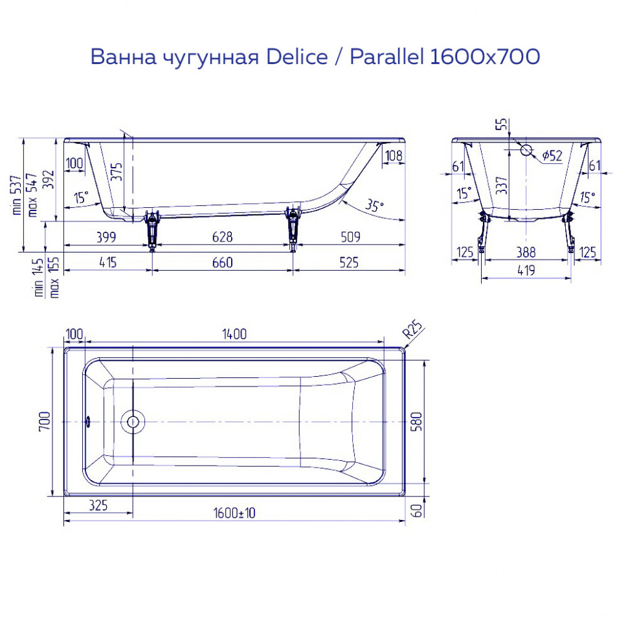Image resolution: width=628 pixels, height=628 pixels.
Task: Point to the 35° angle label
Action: [374, 205]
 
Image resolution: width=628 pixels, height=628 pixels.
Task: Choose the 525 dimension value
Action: [348, 262]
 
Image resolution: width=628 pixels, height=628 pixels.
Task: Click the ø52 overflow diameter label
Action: [551, 155]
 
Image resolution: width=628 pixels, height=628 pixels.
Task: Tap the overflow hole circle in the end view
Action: [526, 151]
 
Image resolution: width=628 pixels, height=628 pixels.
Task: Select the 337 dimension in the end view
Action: [500, 186]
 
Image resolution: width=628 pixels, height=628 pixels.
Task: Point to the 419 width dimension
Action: [526, 271]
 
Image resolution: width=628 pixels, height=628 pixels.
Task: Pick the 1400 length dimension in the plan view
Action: [234, 334]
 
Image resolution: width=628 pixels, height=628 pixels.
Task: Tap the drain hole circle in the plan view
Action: [133, 421]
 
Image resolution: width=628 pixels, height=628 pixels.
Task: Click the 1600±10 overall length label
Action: [234, 513]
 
